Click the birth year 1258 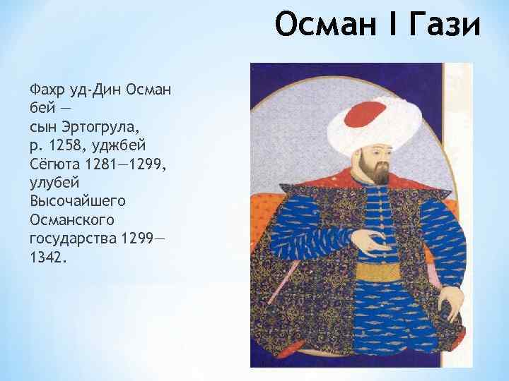pyautogui.click(x=66, y=145)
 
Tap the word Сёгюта pyautogui.click(x=54, y=164)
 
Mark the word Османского pyautogui.click(x=68, y=219)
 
